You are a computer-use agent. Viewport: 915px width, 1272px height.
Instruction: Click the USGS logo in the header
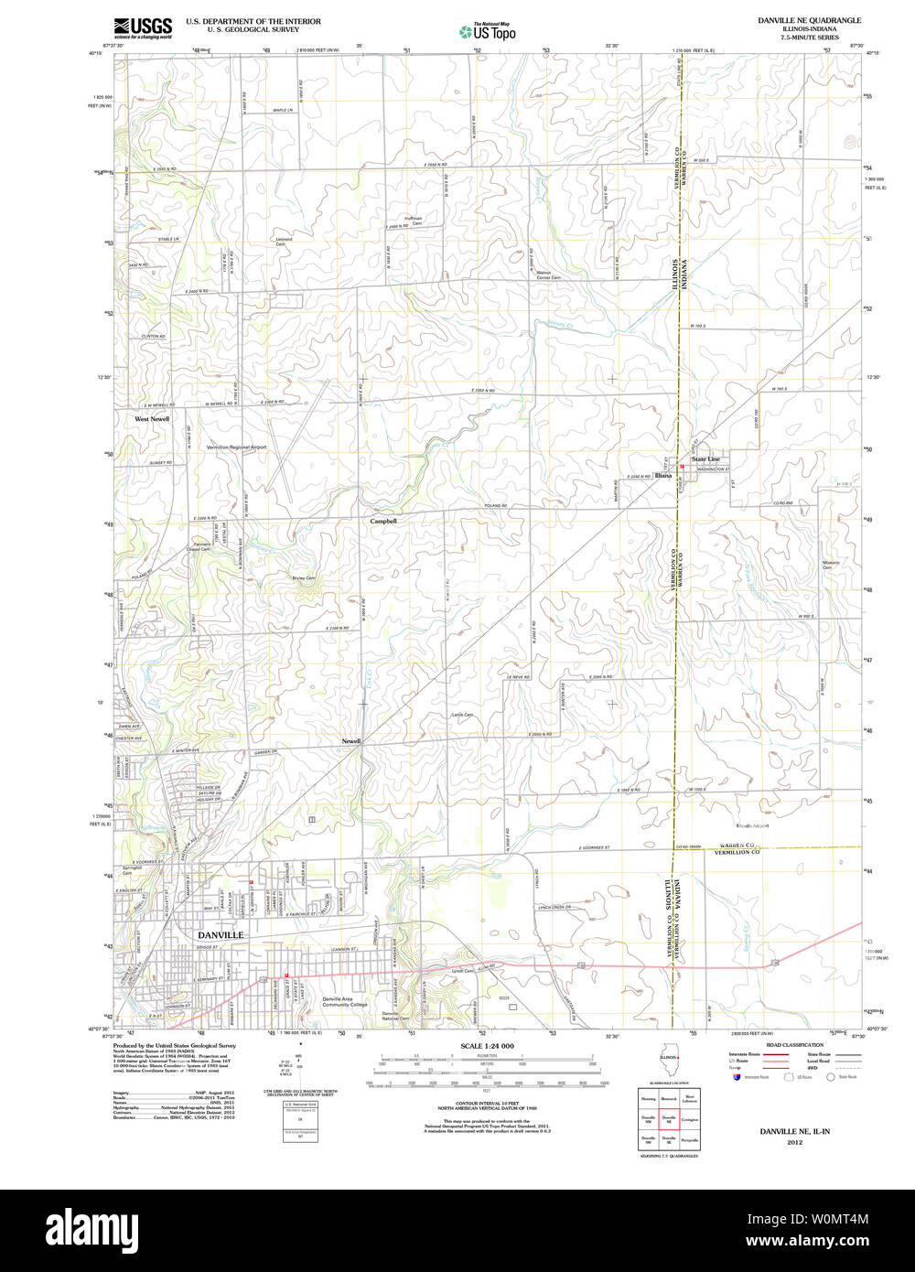(143, 28)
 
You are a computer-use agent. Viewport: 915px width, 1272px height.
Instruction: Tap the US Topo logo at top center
(487, 31)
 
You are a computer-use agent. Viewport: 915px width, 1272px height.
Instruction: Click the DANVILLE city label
(221, 934)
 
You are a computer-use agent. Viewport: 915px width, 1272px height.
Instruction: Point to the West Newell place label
(152, 419)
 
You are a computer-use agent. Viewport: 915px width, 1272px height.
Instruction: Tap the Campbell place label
(382, 521)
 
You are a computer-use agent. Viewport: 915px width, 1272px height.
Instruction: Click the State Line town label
(705, 458)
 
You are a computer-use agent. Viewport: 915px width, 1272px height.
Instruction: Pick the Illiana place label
(662, 476)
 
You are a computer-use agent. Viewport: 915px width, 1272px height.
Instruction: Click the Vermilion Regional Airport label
(236, 447)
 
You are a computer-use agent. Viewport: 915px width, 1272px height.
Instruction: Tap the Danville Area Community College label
(345, 1001)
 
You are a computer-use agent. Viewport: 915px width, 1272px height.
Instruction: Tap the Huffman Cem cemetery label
(412, 221)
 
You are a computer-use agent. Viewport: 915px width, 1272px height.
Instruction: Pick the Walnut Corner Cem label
(547, 275)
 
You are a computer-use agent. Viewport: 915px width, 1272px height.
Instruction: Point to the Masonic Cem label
(831, 565)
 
